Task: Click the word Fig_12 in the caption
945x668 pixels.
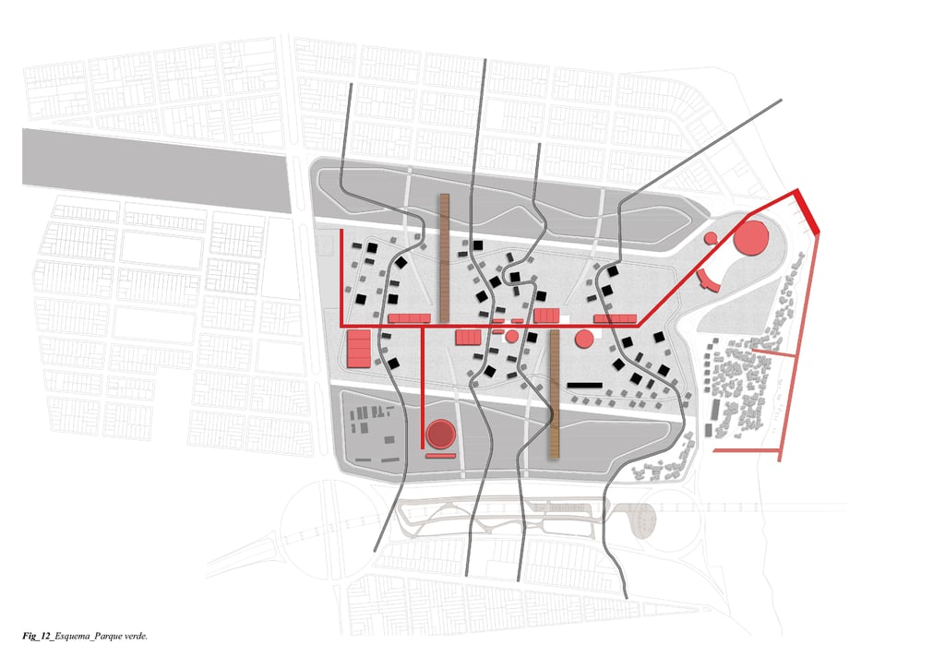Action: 36,637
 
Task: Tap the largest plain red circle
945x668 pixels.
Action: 750,238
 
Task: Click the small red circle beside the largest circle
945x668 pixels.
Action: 712,238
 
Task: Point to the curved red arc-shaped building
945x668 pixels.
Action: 707,280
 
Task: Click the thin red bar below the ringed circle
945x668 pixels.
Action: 440,455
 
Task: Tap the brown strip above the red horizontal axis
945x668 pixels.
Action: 444,254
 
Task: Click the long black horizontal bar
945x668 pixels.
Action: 584,384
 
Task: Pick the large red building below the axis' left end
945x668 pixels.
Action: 358,348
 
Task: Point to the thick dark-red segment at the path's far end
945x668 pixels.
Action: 807,211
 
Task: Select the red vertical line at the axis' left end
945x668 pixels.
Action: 341,277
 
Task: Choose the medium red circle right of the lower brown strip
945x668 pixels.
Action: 583,339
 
